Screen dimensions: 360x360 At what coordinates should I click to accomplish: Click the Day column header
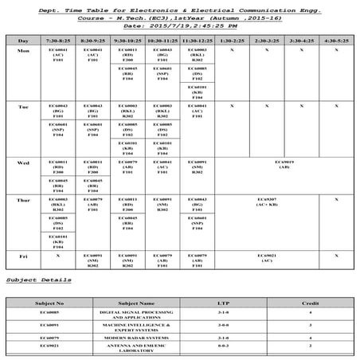pyautogui.click(x=23, y=39)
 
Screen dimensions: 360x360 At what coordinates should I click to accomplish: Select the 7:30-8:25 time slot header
pyautogui.click(x=59, y=39)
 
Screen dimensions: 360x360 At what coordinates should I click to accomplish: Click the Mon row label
pyautogui.click(x=23, y=49)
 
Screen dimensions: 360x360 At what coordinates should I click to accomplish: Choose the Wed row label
pyautogui.click(x=23, y=162)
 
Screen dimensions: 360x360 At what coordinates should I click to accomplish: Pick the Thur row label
pyautogui.click(x=23, y=200)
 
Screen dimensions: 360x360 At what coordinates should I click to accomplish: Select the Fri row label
pyautogui.click(x=23, y=256)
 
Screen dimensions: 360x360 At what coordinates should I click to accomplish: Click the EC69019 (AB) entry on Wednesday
pyautogui.click(x=282, y=164)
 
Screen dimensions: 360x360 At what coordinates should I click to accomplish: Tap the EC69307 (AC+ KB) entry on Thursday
pyautogui.click(x=266, y=202)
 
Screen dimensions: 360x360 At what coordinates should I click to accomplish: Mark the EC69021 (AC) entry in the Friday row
pyautogui.click(x=266, y=258)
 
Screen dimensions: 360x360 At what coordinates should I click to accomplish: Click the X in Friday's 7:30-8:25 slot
pyautogui.click(x=59, y=256)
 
